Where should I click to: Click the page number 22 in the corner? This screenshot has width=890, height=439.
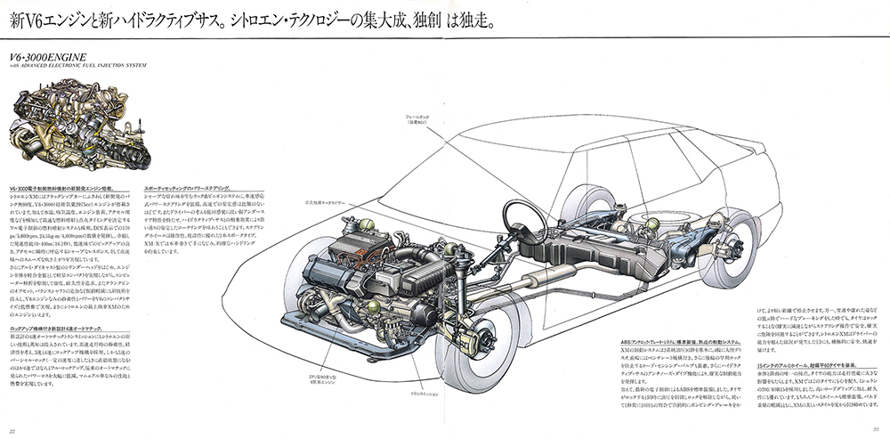(x=10, y=431)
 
